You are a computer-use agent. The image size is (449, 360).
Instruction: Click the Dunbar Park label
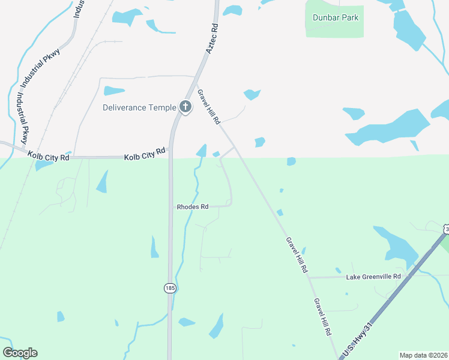click(x=336, y=18)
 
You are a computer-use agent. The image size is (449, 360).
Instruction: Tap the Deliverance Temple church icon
click(x=185, y=107)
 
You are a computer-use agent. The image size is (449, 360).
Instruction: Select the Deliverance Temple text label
click(x=139, y=107)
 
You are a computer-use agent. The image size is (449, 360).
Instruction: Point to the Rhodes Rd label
click(x=192, y=206)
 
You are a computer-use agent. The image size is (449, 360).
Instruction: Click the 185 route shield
click(x=170, y=289)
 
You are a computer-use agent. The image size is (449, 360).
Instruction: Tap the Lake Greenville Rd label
click(x=373, y=277)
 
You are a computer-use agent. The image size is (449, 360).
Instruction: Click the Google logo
click(x=20, y=353)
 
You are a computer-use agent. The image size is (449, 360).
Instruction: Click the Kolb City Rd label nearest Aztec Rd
click(x=144, y=155)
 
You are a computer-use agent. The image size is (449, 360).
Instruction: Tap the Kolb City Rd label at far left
click(x=48, y=157)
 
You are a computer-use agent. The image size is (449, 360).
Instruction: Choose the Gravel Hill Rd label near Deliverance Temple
click(x=209, y=105)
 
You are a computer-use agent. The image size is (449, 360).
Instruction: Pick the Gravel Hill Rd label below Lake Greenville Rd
click(x=322, y=316)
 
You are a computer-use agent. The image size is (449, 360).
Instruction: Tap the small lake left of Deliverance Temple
click(x=113, y=91)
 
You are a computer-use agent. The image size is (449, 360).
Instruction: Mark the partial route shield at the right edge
click(x=447, y=229)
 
